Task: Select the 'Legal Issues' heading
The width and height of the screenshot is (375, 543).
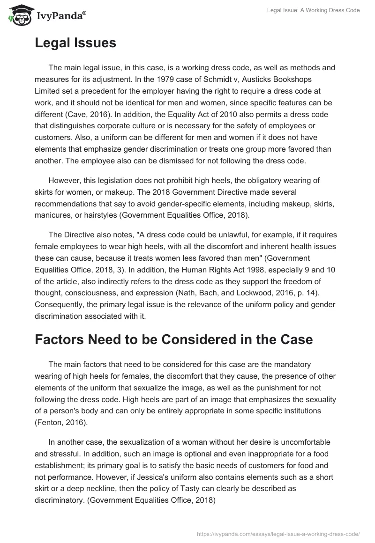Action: tap(75, 44)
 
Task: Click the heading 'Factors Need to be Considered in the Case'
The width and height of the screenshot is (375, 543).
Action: tap(173, 339)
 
